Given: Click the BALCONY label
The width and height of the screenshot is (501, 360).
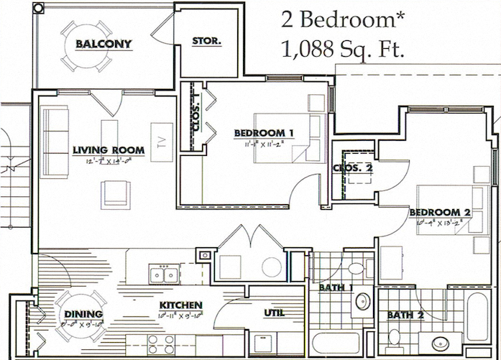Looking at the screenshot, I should (x=104, y=44).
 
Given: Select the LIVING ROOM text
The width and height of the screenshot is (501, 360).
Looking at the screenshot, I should (x=109, y=150).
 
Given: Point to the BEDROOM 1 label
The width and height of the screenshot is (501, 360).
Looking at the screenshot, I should (x=264, y=132).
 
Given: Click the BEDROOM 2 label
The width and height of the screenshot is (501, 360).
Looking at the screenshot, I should (x=440, y=212).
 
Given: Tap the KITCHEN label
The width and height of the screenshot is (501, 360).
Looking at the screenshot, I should (x=180, y=305).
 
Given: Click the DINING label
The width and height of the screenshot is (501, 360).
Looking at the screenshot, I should (x=83, y=314).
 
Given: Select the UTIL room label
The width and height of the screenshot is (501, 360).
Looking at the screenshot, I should (x=274, y=313).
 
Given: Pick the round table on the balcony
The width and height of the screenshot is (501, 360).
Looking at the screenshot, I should (x=86, y=45).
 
